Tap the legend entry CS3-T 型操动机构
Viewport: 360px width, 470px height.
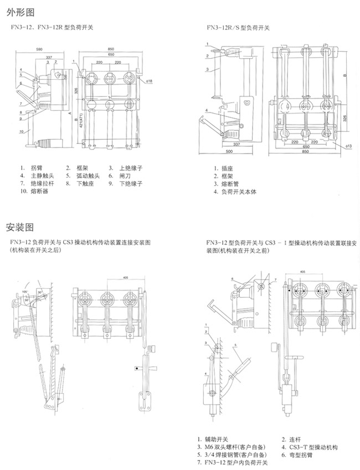tap(313, 446)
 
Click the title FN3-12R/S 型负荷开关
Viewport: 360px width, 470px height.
tap(239, 27)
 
